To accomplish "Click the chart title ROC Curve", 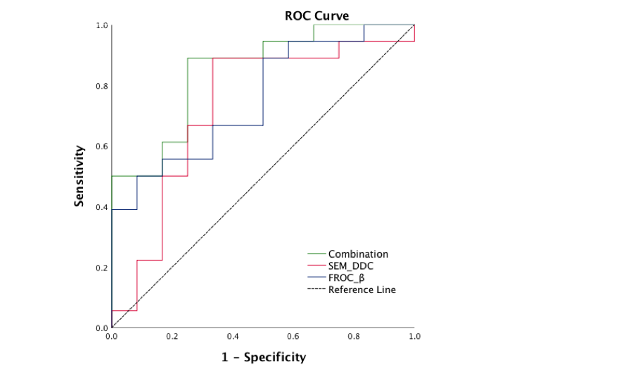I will pos(316,15).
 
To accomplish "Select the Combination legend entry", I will pos(358,254).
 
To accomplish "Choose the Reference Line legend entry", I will pos(362,289).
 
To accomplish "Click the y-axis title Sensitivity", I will pos(80,176).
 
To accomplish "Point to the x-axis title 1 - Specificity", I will pos(264,357).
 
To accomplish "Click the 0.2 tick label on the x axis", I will pos(172,337).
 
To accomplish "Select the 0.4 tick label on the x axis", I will pos(233,337).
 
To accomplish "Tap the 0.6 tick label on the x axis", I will pos(293,337).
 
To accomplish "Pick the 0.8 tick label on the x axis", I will pos(354,337).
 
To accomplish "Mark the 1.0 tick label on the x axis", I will pos(414,337).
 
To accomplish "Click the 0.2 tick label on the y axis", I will pos(102,268).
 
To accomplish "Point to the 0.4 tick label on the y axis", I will pos(102,207).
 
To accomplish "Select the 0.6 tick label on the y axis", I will pos(102,147).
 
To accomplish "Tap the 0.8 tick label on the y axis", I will pos(102,86).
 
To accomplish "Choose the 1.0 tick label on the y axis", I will pos(102,26).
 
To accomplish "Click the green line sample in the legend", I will pos(315,254).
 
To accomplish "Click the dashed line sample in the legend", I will pos(315,289).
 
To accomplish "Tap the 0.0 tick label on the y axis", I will pos(102,328).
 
